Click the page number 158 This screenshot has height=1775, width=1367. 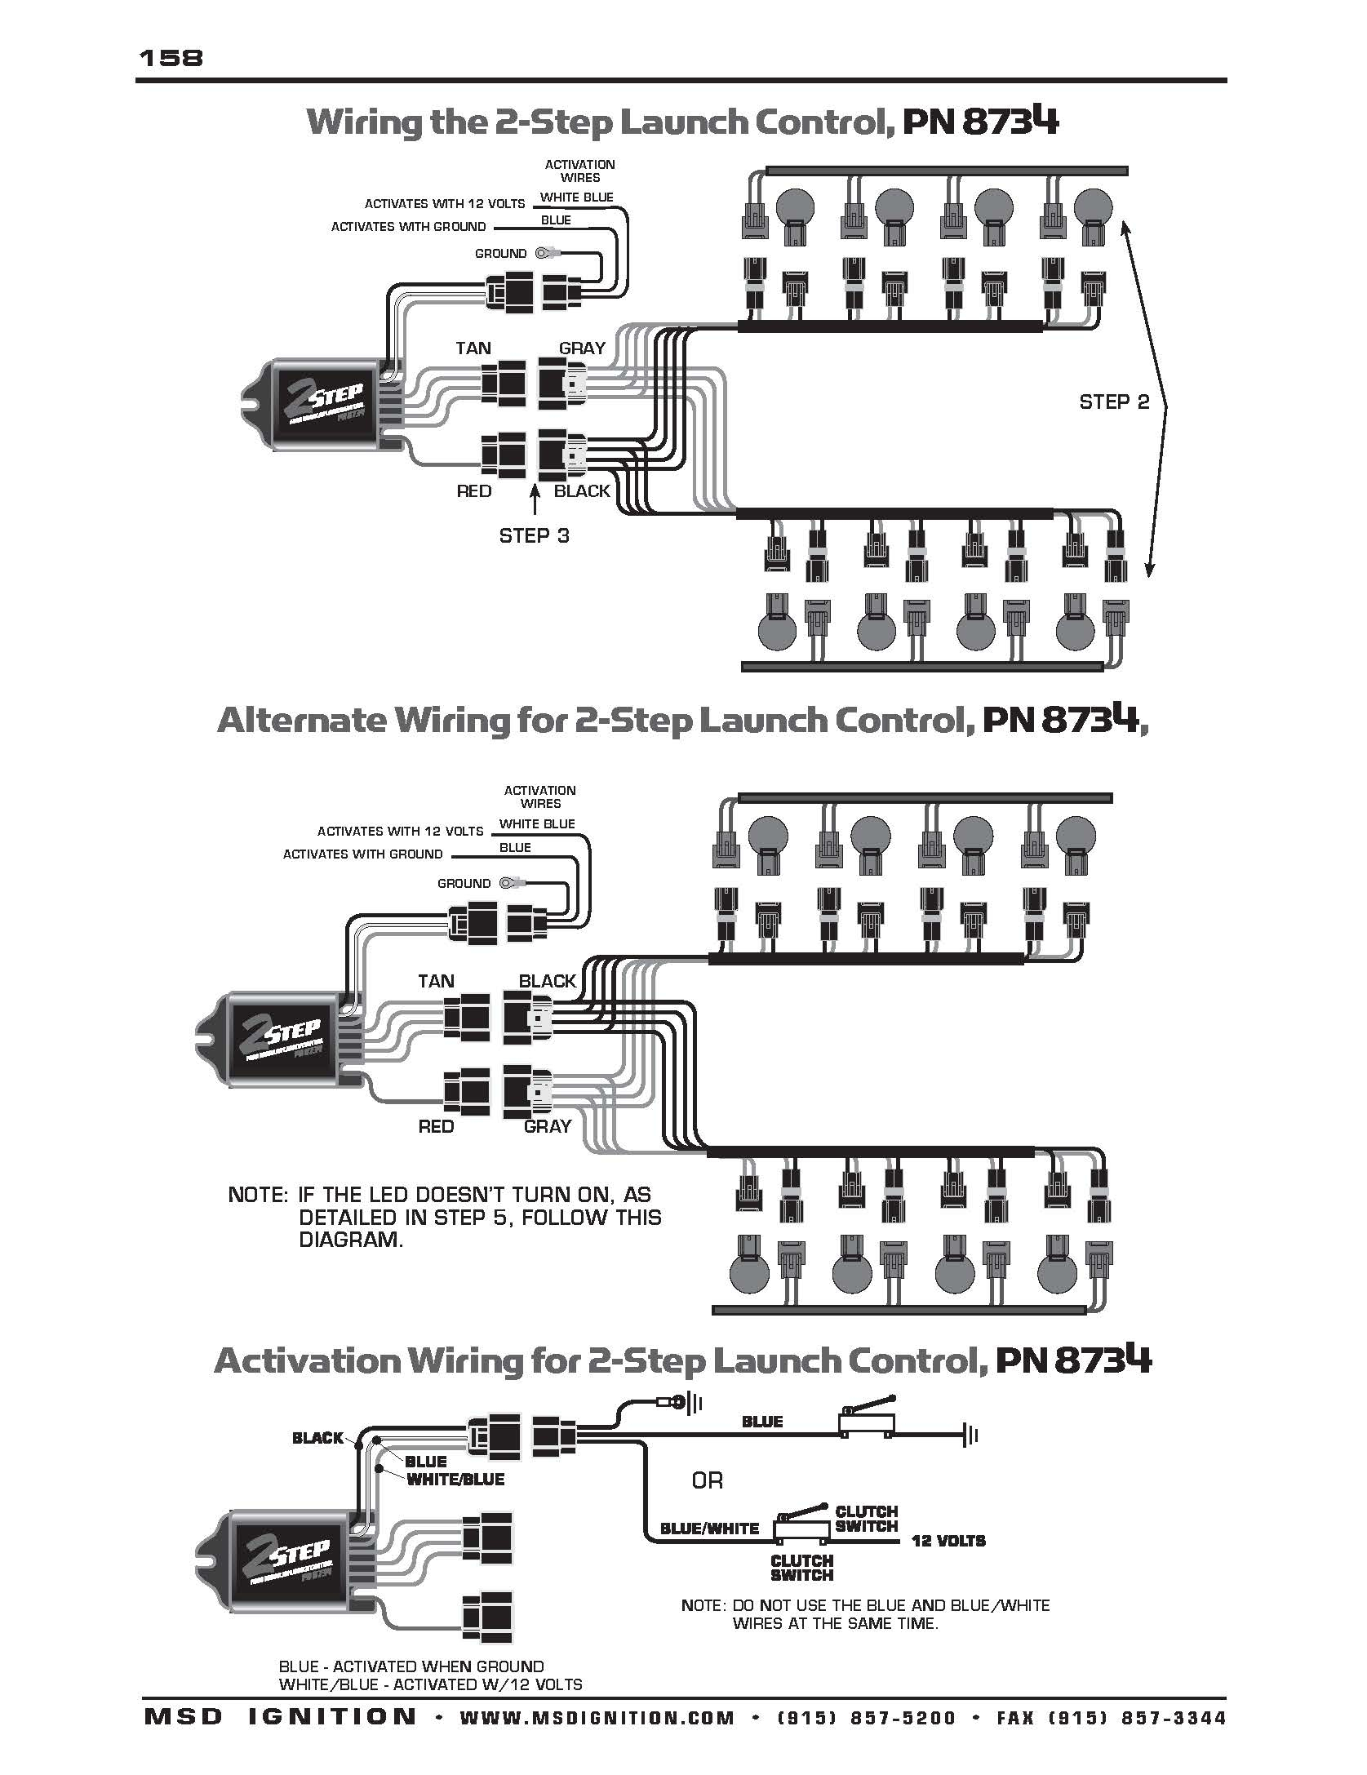point(171,58)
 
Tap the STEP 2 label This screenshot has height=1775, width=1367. point(1113,402)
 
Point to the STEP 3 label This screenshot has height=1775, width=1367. point(534,535)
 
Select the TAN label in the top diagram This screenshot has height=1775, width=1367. point(473,348)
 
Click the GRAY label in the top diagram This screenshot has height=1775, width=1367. point(582,348)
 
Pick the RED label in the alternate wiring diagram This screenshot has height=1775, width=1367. point(436,1126)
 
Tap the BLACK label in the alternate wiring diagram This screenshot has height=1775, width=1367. point(548,981)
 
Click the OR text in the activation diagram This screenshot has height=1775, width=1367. point(707,1480)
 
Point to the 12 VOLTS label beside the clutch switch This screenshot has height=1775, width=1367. point(948,1541)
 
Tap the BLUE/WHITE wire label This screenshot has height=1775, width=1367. point(709,1528)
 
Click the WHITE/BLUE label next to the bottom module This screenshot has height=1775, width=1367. point(455,1479)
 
